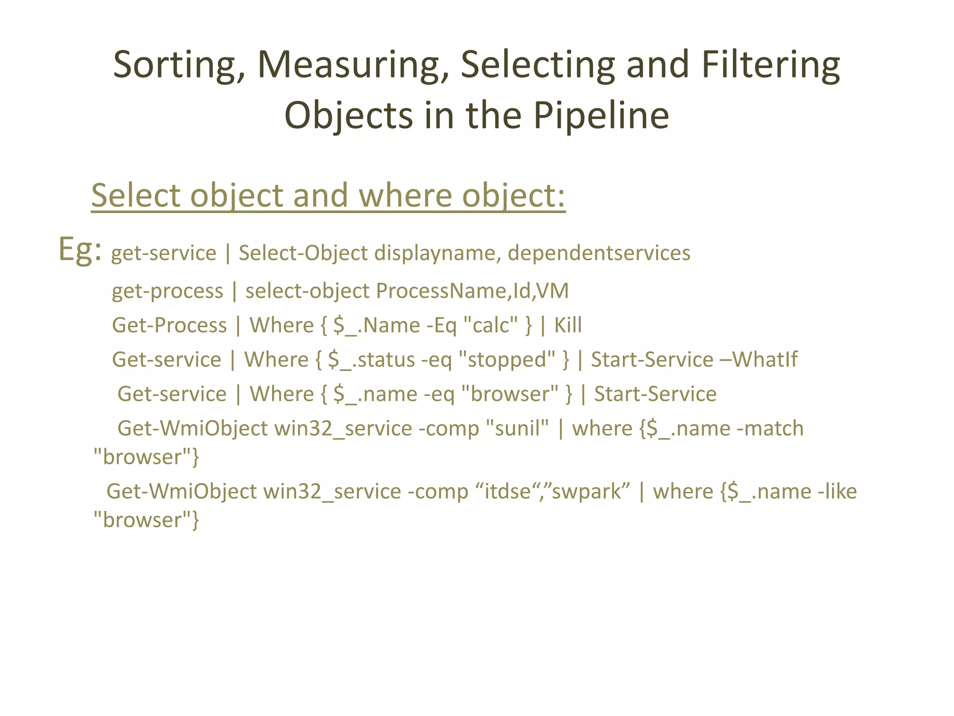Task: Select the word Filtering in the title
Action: click(x=770, y=65)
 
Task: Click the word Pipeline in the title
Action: click(x=601, y=116)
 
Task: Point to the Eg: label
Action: click(x=80, y=250)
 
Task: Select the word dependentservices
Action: click(x=599, y=254)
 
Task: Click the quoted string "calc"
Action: click(x=491, y=325)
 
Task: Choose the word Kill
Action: click(x=567, y=325)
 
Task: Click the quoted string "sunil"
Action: click(x=517, y=428)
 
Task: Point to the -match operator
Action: click(x=770, y=428)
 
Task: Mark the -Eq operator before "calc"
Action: click(x=442, y=325)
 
